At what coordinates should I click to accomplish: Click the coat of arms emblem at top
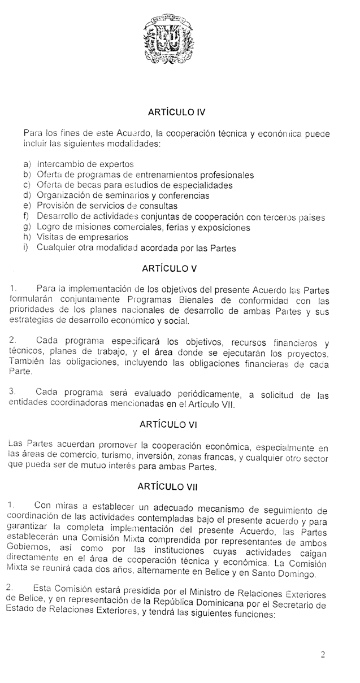(x=168, y=39)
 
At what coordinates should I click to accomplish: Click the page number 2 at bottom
(x=322, y=655)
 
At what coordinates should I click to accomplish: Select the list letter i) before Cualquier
(x=26, y=247)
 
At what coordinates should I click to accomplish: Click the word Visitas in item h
(x=49, y=237)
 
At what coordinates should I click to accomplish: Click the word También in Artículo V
(x=28, y=362)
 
